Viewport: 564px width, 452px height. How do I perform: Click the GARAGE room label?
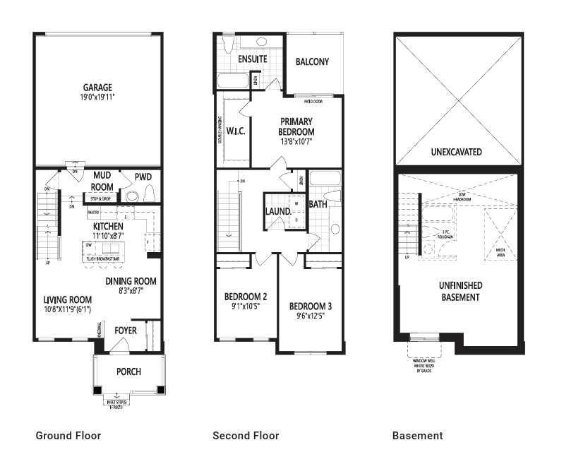coord(97,88)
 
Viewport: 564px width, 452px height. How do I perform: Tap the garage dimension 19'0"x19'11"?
coord(97,97)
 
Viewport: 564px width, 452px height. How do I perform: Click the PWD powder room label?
coord(143,177)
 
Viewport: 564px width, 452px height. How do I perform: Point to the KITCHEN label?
coord(108,226)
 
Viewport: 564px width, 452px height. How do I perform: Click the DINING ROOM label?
coord(131,281)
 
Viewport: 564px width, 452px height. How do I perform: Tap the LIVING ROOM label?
coord(67,299)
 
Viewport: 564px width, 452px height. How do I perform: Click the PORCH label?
coord(128,371)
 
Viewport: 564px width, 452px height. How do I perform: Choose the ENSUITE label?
coord(252,59)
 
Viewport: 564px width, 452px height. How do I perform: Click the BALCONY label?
coord(312,62)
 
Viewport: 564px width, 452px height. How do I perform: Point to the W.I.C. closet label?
coord(235,131)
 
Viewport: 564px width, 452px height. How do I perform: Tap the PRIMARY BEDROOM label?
coord(296,126)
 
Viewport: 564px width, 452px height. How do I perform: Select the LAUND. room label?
coord(279,211)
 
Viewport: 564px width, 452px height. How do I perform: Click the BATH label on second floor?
coord(318,205)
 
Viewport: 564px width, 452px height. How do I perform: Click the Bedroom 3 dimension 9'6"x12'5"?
coord(310,316)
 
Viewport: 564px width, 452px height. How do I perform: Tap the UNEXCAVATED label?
coord(456,152)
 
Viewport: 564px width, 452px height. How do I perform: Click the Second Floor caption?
coord(246,436)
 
